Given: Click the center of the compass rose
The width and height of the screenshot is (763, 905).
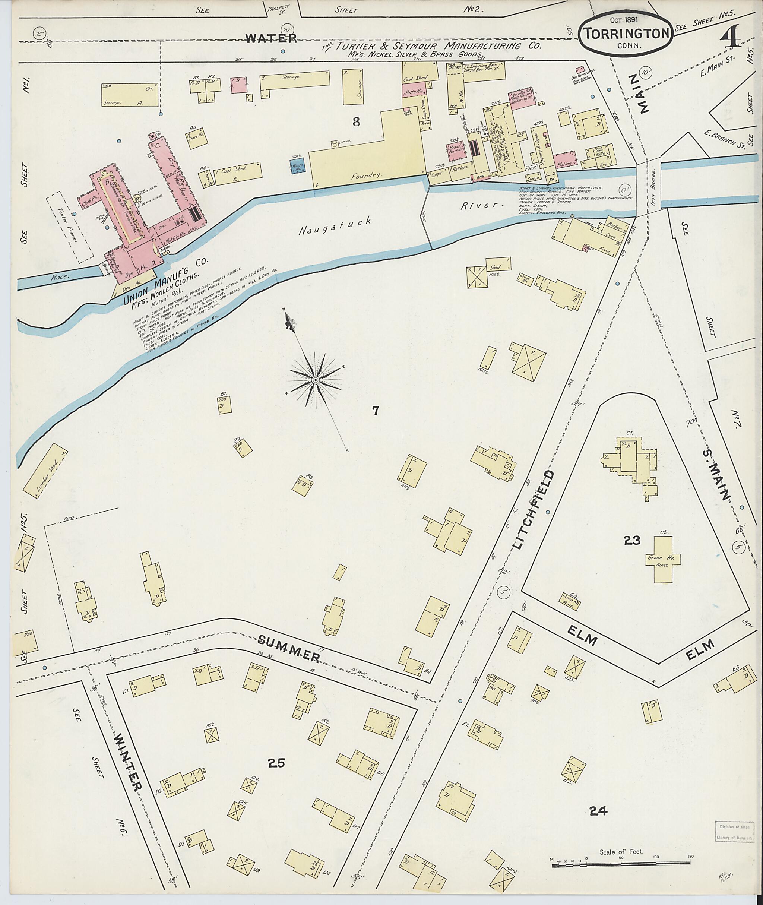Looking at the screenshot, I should pos(315,380).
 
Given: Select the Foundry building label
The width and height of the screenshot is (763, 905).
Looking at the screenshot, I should pos(367,175).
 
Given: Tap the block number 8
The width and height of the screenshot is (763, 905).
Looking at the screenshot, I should pos(355,123).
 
